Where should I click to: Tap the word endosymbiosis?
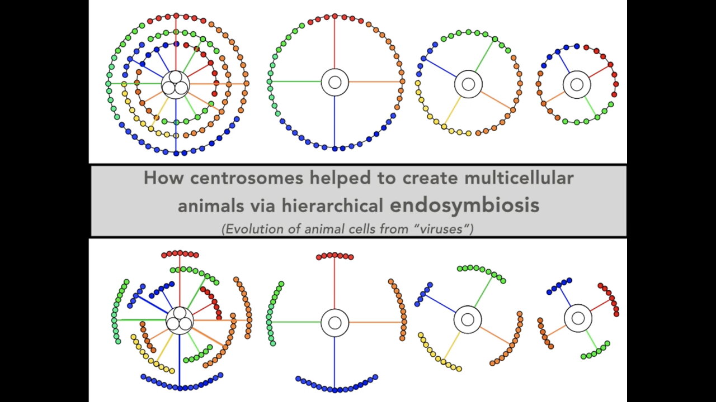click(465, 205)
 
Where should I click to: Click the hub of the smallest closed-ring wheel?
click(577, 85)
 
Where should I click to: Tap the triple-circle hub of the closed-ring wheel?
click(176, 85)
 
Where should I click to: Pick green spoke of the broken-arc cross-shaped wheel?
click(296, 322)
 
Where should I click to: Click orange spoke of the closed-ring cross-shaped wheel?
click(375, 82)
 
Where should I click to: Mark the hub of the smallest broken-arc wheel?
click(578, 318)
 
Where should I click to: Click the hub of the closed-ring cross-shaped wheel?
click(335, 82)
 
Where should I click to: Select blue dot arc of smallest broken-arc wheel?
click(559, 285)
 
